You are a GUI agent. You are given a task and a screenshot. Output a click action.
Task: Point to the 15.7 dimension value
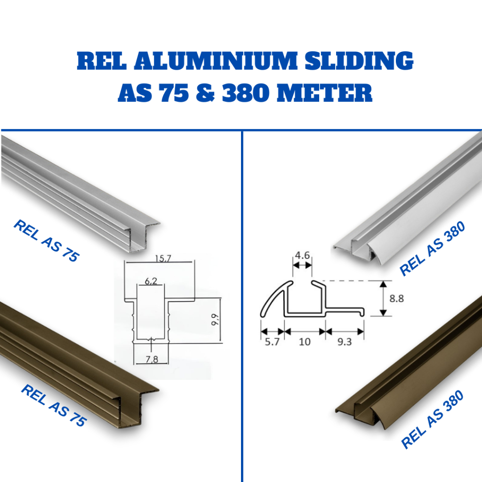(x=161, y=258)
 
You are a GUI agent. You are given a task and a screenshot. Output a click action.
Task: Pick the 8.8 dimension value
(x=396, y=298)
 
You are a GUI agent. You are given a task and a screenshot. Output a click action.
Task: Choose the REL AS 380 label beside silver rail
(x=432, y=249)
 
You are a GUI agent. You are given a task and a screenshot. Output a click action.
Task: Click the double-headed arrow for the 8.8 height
(x=383, y=298)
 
